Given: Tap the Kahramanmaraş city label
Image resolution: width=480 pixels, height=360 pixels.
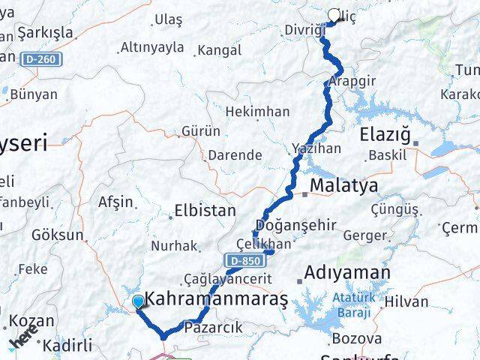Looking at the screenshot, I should point(215,298).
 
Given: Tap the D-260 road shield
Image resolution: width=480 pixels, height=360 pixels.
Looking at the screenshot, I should point(40,58).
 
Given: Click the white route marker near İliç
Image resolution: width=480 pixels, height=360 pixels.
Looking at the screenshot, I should point(334,14).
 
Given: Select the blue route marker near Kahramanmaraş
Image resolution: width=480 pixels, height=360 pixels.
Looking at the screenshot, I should point(138,302).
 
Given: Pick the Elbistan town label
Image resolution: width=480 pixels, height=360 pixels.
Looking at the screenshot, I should point(205,211).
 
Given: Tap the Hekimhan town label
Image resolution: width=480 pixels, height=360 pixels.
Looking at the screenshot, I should point(258,111).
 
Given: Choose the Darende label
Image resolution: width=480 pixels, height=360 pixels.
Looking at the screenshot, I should point(235,155).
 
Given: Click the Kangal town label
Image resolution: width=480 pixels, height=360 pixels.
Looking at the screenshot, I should point(218,51).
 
